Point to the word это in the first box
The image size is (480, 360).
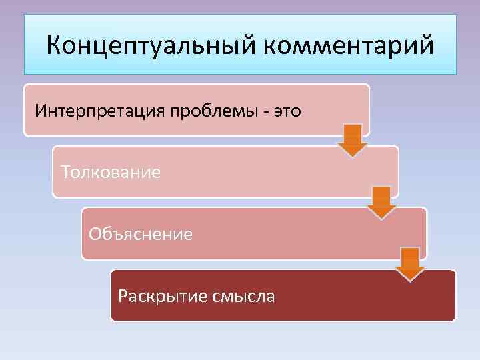tap(285, 110)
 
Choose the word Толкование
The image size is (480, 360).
tap(111, 172)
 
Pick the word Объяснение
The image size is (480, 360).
tap(141, 234)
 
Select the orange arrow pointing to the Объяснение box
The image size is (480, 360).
tap(381, 202)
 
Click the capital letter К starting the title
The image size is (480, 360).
tap(54, 47)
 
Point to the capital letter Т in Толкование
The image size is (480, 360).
tap(65, 172)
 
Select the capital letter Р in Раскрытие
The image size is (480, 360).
tap(122, 295)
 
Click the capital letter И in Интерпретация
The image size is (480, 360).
tap(40, 110)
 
